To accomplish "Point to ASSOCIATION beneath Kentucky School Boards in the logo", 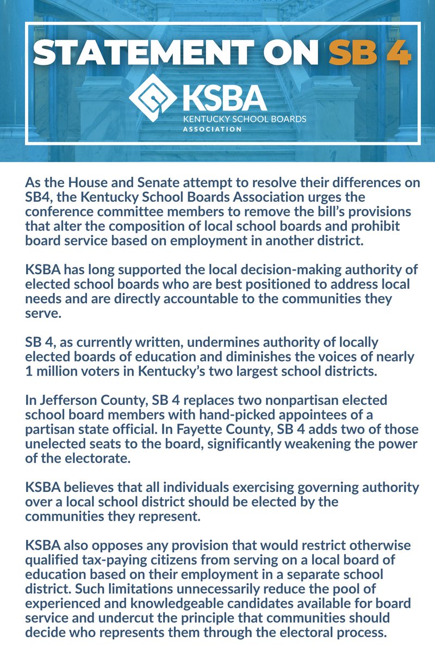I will pyautogui.click(x=212, y=130).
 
